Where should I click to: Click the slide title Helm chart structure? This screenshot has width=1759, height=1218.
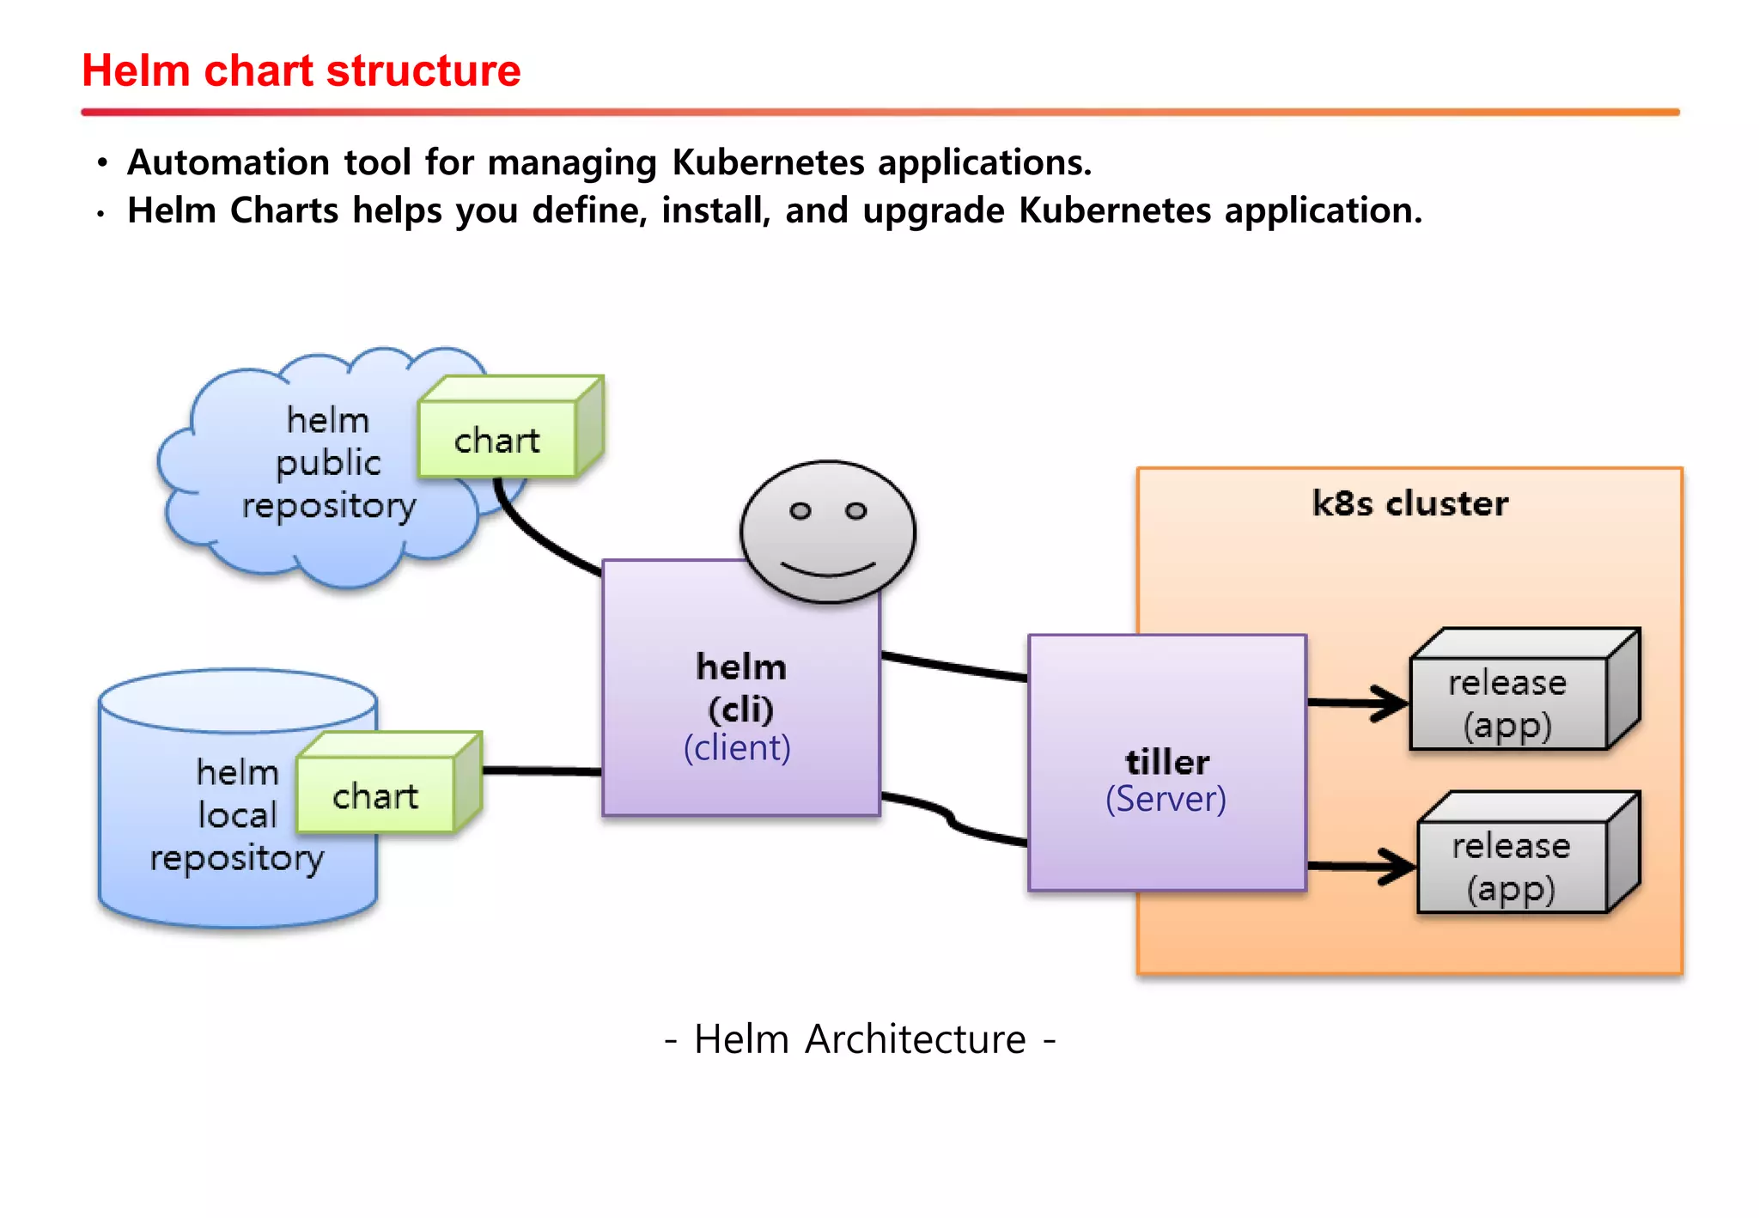301,70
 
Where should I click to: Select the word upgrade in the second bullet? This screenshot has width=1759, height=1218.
933,211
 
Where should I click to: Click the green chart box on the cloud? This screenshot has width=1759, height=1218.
497,440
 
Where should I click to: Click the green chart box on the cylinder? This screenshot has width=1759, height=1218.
375,795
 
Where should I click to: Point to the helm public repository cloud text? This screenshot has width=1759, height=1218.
328,464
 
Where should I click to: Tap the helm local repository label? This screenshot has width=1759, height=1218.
237,814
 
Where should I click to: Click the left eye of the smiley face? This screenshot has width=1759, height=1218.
800,511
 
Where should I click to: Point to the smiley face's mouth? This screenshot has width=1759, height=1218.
828,569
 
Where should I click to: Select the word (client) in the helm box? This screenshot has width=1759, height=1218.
737,747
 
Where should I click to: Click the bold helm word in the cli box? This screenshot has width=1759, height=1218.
740,667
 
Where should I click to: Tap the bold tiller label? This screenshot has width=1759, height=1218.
1166,762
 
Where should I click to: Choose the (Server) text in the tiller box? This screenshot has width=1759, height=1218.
1166,799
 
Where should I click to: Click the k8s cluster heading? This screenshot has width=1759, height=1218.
1409,503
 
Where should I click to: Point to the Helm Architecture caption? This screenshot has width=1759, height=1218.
860,1039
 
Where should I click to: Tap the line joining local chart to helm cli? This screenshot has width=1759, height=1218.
541,770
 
